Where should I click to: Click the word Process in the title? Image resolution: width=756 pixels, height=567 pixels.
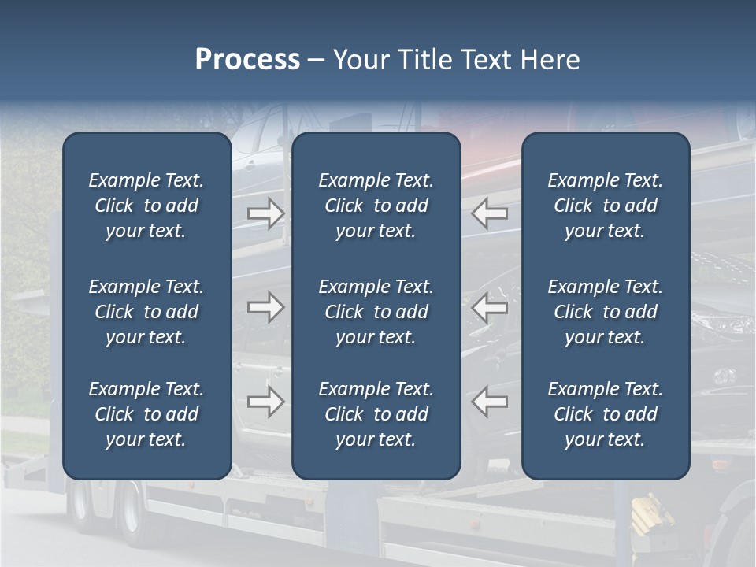click(x=247, y=60)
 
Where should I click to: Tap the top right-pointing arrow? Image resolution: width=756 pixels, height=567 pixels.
click(x=265, y=213)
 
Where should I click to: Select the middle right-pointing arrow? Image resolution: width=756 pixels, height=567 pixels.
click(x=265, y=306)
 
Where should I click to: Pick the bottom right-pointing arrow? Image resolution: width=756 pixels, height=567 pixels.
click(x=265, y=401)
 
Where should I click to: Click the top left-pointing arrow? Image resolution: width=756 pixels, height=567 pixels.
click(x=489, y=213)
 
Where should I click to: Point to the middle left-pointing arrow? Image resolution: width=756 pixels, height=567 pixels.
click(x=489, y=306)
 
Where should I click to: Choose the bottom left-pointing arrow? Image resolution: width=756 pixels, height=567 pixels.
click(x=489, y=401)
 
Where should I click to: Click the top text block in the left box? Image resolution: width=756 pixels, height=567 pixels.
click(x=146, y=206)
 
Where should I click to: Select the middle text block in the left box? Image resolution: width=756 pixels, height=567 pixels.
click(x=146, y=312)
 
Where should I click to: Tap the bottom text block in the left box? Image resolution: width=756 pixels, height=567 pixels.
click(x=146, y=414)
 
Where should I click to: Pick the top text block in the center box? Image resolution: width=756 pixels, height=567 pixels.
click(x=376, y=206)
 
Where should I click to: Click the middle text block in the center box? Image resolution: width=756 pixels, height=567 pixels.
click(x=376, y=312)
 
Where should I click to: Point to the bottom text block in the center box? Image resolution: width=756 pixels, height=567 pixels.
click(x=376, y=414)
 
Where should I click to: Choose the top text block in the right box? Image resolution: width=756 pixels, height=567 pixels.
click(x=605, y=206)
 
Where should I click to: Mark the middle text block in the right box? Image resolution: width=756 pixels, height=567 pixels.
click(x=605, y=312)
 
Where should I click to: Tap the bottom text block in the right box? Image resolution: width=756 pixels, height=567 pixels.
click(x=605, y=414)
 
